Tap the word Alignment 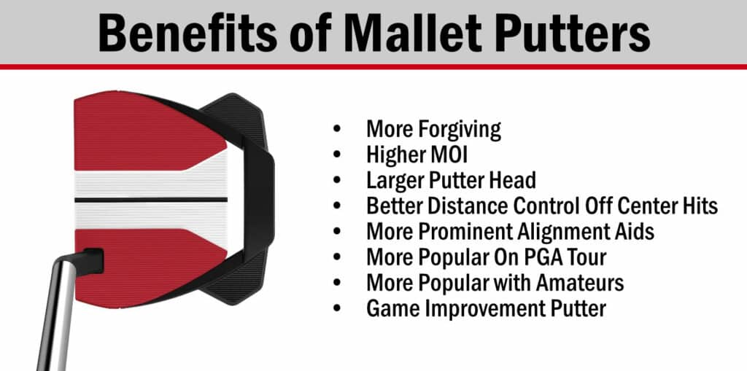(x=562, y=232)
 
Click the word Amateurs (x=579, y=283)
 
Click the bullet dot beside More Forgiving (x=337, y=129)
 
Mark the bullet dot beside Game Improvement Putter (x=337, y=308)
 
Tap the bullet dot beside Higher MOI (x=337, y=155)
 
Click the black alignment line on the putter (x=151, y=200)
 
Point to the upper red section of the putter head (x=143, y=131)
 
